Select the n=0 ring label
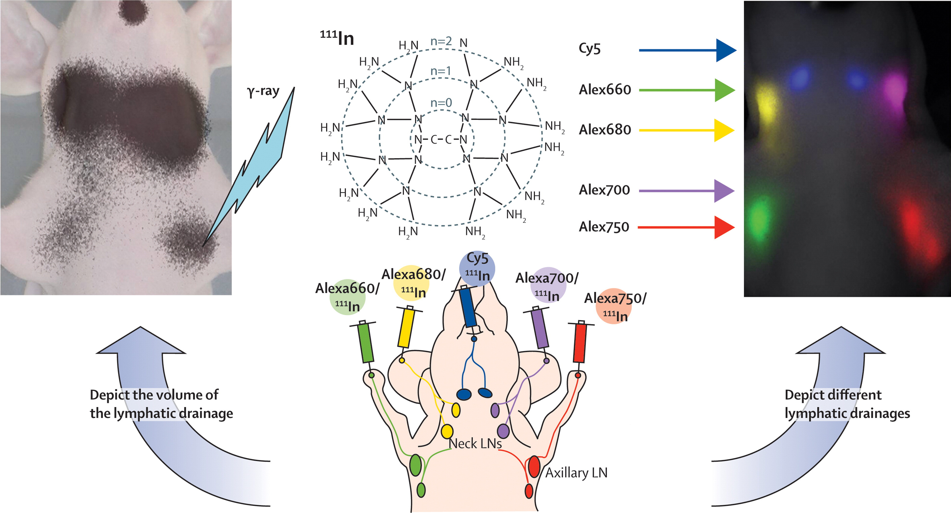pos(441,103)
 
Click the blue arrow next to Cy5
pos(687,50)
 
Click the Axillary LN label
pos(576,473)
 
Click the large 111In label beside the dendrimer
pos(337,38)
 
